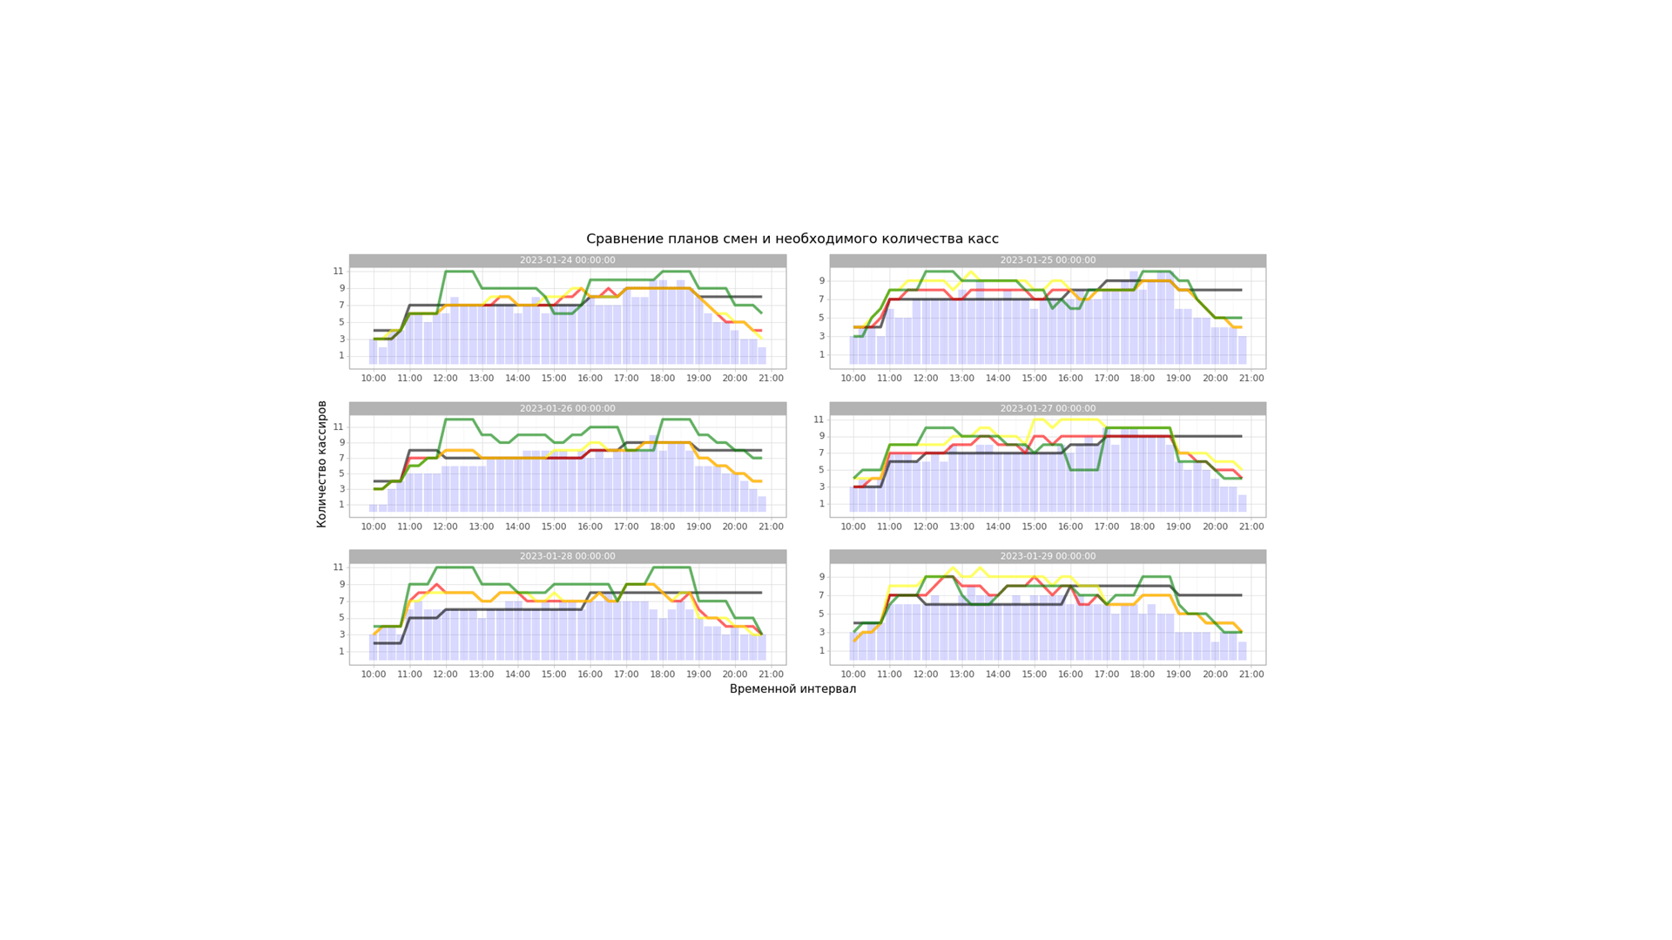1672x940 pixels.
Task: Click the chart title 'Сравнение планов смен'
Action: tap(792, 239)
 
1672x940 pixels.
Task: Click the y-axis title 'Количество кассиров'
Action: tap(321, 464)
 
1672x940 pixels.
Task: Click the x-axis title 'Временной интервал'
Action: tap(792, 689)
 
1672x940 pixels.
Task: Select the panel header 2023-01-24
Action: tap(567, 260)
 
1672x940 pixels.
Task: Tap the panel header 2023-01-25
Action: tap(1048, 260)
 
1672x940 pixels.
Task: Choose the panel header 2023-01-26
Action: tap(567, 408)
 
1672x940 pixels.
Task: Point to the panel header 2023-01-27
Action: tap(1048, 408)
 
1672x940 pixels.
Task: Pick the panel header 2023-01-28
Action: tap(567, 556)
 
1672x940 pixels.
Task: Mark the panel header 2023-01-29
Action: tap(1048, 556)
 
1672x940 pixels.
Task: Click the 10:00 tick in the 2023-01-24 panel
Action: tap(374, 379)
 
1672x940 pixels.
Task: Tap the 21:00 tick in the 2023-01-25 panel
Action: tap(1251, 379)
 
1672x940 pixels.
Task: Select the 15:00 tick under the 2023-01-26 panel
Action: tap(554, 527)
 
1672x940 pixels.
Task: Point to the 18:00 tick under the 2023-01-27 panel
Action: tap(1143, 527)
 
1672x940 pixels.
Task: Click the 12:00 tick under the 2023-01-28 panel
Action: tap(445, 675)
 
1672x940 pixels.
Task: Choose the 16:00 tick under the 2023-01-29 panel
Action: tap(1070, 675)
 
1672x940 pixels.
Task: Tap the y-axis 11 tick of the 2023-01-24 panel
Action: tap(338, 272)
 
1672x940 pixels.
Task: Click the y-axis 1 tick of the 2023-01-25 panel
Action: tap(821, 355)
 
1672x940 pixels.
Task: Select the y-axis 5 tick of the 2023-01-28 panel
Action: tap(341, 618)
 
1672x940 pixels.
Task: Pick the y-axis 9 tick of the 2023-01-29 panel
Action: tap(821, 577)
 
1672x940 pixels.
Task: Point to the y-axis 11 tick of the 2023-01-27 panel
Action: tap(819, 420)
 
